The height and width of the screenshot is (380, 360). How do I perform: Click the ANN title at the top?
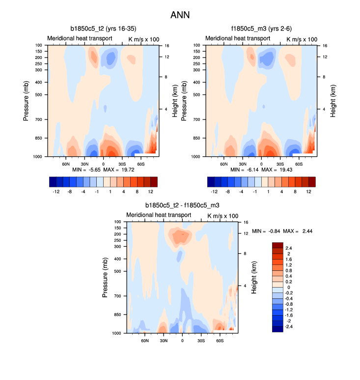tap(180, 15)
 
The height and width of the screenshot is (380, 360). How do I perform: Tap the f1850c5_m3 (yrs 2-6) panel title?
tap(261, 29)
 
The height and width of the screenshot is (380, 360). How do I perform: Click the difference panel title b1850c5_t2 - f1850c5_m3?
tap(182, 205)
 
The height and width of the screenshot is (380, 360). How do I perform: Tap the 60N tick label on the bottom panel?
tap(145, 340)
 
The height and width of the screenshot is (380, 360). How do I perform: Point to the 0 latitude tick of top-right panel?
tap(261, 163)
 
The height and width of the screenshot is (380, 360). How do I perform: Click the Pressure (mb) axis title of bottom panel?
tap(105, 278)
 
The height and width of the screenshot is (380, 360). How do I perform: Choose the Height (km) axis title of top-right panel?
tap(332, 101)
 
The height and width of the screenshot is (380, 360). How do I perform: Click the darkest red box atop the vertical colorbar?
tap(277, 245)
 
